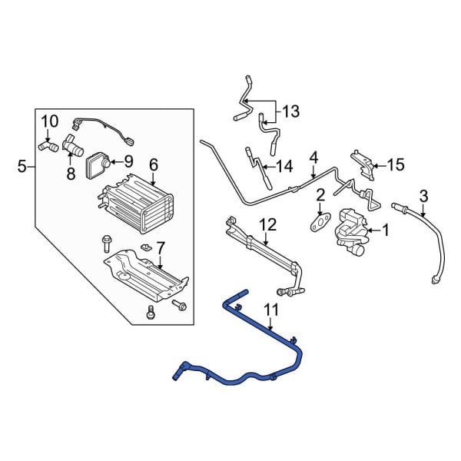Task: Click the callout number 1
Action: [x=386, y=229]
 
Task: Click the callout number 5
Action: [x=22, y=165]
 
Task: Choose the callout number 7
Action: [x=160, y=248]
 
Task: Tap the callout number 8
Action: [x=71, y=174]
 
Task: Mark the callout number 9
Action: [x=128, y=161]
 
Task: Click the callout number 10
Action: [x=49, y=121]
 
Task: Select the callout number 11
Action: [x=270, y=310]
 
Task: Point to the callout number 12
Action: [x=267, y=224]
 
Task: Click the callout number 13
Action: [x=290, y=112]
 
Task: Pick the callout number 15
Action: [x=395, y=164]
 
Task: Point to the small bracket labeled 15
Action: [x=363, y=163]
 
